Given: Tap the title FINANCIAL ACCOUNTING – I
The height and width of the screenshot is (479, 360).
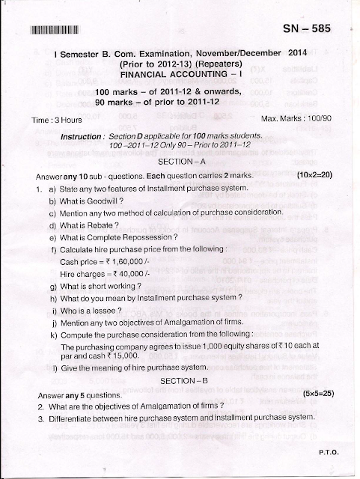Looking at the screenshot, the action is pyautogui.click(x=180, y=76).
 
